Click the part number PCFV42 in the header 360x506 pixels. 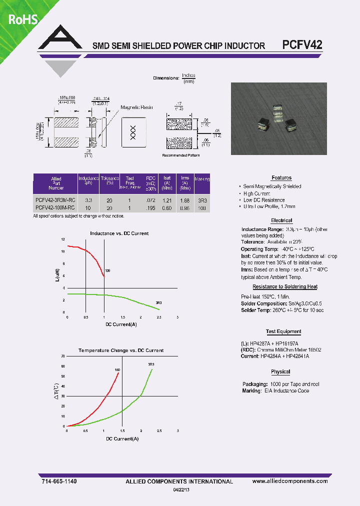[302, 44]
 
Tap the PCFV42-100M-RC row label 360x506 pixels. [55, 207]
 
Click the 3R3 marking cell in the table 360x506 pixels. [201, 200]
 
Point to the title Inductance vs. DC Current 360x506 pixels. [119, 233]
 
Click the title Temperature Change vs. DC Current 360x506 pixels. [121, 350]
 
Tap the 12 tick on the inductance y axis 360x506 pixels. [63, 240]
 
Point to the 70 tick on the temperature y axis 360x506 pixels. [63, 356]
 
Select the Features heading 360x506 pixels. [281, 178]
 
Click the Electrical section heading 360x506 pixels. [281, 220]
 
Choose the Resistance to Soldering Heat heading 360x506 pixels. [284, 286]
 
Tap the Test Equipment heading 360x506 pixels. [283, 331]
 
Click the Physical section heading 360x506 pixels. [280, 371]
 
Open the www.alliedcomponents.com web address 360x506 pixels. [290, 481]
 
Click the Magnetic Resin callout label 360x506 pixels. [136, 107]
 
